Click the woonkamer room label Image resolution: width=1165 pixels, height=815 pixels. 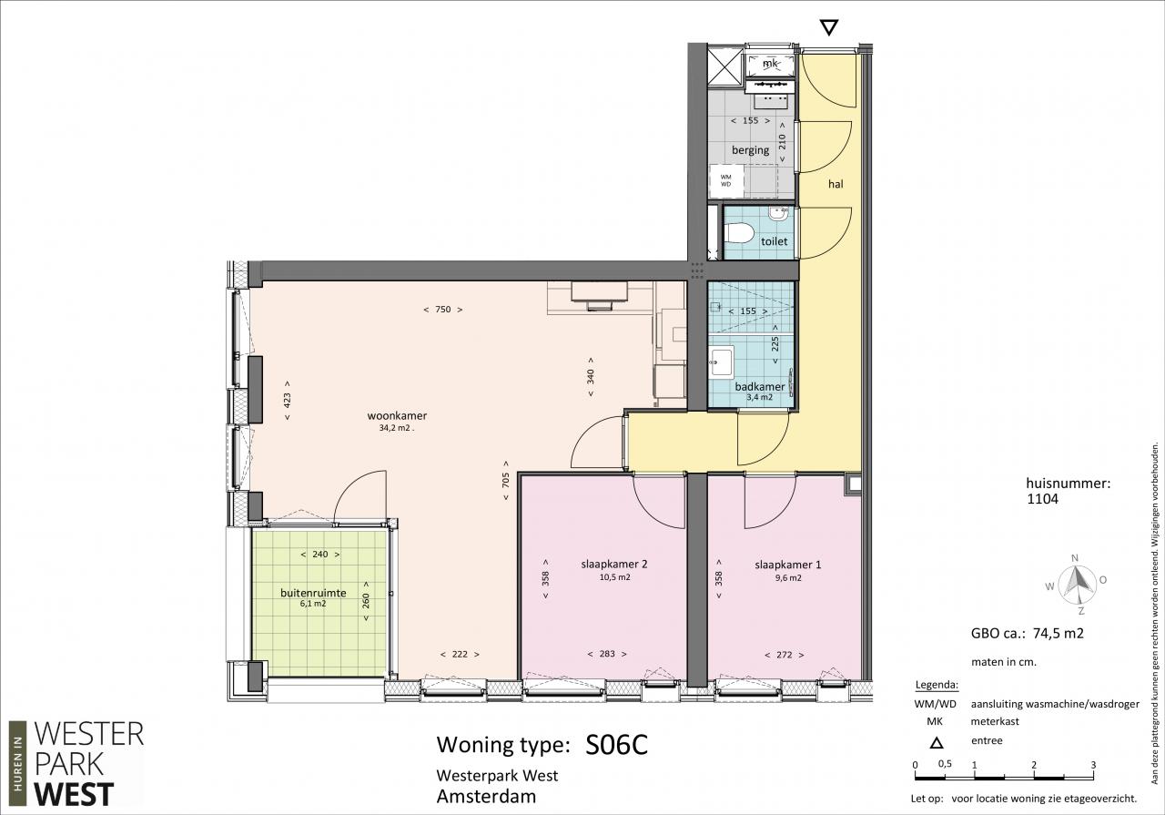[x=397, y=416]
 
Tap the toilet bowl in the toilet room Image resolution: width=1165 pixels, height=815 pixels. [x=739, y=232]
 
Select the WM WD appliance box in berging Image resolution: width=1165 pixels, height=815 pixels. [x=725, y=180]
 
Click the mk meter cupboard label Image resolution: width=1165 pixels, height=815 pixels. [x=770, y=64]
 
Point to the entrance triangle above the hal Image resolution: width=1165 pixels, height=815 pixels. [x=828, y=27]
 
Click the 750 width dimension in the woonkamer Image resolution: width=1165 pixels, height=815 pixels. [x=442, y=310]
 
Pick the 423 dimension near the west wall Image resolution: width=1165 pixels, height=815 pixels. [x=287, y=400]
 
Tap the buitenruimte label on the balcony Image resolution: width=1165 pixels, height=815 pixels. [x=313, y=593]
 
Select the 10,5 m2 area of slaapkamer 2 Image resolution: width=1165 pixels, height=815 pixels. [x=614, y=577]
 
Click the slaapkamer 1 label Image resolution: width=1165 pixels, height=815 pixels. [x=788, y=565]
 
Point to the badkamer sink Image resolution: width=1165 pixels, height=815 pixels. [x=722, y=361]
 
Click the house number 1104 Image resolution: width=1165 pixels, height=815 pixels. [x=1043, y=499]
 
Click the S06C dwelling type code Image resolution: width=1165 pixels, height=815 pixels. [x=617, y=745]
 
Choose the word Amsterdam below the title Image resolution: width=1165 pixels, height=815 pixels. [x=486, y=797]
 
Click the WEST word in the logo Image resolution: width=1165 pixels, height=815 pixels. [x=74, y=795]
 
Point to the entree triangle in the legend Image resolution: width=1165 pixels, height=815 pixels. [x=937, y=743]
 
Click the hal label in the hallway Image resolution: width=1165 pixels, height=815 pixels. [x=836, y=184]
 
